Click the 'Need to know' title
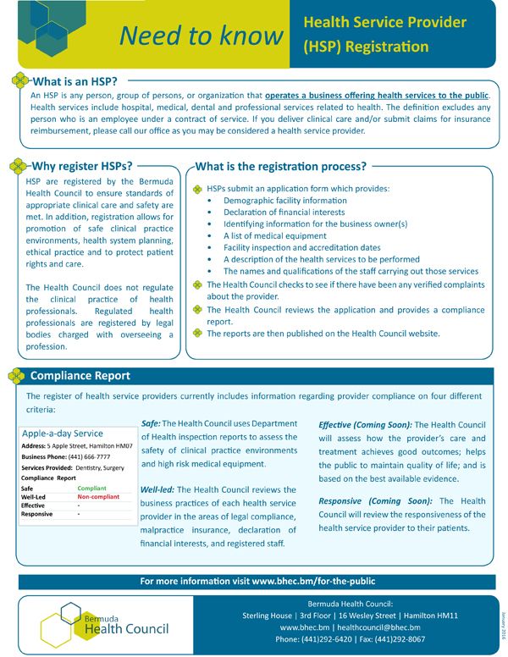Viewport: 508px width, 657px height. tap(201, 35)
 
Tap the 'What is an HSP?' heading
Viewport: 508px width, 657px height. tap(75, 82)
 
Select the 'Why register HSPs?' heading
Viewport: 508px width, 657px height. tap(81, 166)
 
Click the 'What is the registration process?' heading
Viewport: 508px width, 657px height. tap(281, 166)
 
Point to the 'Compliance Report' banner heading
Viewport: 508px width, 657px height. tap(80, 375)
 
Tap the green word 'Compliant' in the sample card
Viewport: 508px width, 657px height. tap(91, 489)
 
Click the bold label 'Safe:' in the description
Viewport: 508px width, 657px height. tap(151, 423)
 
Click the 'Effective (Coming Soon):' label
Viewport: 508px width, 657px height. tap(366, 423)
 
